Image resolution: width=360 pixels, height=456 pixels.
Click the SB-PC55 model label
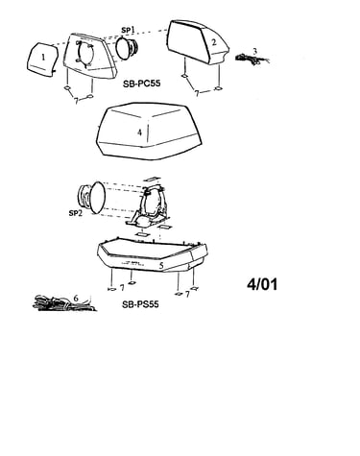[141, 84]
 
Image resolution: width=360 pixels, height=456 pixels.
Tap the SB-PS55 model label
[140, 304]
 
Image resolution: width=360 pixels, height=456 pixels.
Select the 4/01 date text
[262, 284]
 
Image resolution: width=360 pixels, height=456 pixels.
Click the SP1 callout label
[128, 30]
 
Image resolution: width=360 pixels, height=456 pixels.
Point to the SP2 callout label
[75, 213]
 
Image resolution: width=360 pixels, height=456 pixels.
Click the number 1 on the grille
[43, 58]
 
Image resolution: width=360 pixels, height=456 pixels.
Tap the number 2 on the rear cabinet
[214, 42]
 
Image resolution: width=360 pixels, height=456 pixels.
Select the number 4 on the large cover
[139, 132]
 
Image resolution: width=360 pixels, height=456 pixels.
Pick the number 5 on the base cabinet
[161, 265]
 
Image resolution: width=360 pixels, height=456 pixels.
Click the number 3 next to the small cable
[254, 51]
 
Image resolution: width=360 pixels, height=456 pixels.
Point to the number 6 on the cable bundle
[76, 298]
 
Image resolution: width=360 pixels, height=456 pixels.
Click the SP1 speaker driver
[127, 48]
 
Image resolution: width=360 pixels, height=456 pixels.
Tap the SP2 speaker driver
[92, 197]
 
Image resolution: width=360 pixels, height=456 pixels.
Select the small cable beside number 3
[252, 60]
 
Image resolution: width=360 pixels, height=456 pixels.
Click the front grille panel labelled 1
[42, 60]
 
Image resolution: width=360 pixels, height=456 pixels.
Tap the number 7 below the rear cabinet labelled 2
[197, 93]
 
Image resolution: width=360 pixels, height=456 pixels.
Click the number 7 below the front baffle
[76, 101]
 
